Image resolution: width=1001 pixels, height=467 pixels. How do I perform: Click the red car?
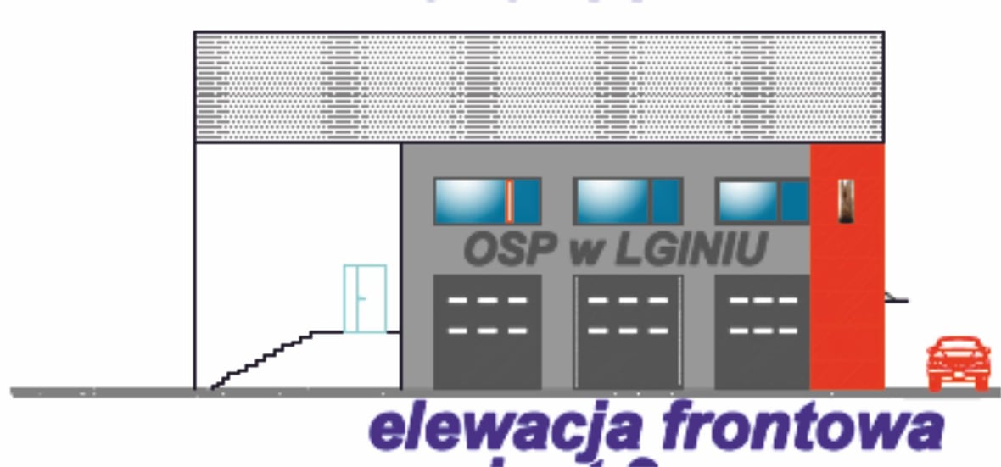pyautogui.click(x=958, y=363)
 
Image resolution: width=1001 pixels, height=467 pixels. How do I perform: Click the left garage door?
pyautogui.click(x=487, y=331)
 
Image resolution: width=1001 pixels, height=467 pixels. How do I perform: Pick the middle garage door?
pyautogui.click(x=629, y=331)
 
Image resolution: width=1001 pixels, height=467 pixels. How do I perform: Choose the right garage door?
pyautogui.click(x=762, y=331)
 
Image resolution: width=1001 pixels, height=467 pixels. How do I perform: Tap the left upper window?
pyautogui.click(x=487, y=201)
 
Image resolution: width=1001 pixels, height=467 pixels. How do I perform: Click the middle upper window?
pyautogui.click(x=628, y=201)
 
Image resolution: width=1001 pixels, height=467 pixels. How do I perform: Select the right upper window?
pyautogui.click(x=763, y=201)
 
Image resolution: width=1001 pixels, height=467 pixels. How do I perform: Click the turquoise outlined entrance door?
pyautogui.click(x=365, y=298)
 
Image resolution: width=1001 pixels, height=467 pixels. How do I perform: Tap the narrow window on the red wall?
pyautogui.click(x=845, y=201)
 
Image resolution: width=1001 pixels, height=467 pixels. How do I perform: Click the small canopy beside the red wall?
pyautogui.click(x=896, y=297)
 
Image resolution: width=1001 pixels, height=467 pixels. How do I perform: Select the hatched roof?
pyautogui.click(x=539, y=86)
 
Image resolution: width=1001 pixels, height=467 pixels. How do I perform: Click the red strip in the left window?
pyautogui.click(x=509, y=201)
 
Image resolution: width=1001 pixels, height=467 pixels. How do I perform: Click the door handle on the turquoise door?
pyautogui.click(x=361, y=298)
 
